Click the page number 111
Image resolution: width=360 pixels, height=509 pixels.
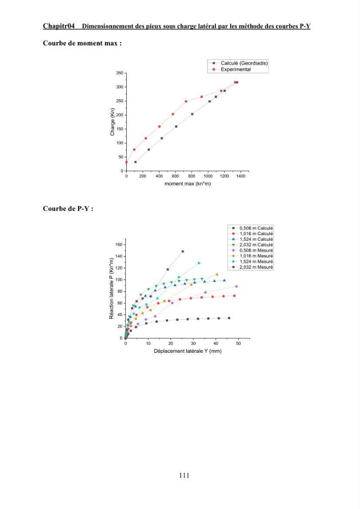tap(184, 475)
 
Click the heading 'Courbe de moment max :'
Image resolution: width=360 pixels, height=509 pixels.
tap(82, 43)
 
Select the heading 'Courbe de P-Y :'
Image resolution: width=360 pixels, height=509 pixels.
tap(68, 208)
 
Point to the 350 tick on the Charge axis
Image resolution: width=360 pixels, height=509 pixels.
tap(120, 73)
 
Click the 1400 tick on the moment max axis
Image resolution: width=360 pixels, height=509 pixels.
tap(241, 176)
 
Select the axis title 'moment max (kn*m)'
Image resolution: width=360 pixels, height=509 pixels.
tap(187, 184)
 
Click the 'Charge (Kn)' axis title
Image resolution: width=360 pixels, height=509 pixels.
tap(113, 122)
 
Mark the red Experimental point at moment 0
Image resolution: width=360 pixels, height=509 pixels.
tap(126, 162)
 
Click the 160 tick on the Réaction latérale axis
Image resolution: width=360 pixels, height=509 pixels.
tap(119, 244)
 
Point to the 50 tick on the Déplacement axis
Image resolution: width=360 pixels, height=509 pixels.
tap(238, 344)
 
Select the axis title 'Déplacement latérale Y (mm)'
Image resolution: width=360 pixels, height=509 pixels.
tap(187, 351)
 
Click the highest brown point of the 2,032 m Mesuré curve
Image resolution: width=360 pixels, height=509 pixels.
tap(183, 251)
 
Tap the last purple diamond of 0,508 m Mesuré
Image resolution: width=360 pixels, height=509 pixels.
tap(236, 286)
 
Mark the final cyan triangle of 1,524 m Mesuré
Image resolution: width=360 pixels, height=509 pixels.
tap(199, 263)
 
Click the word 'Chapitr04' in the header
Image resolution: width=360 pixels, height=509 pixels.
tap(59, 26)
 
